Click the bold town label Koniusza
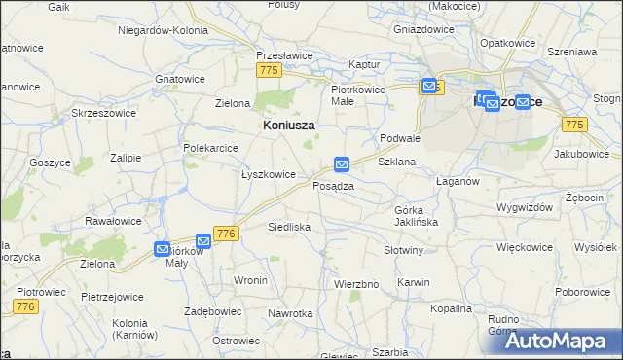tap(289, 126)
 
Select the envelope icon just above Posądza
tap(342, 164)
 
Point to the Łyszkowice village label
tap(268, 174)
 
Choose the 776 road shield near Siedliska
tap(227, 234)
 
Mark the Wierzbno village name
tap(355, 284)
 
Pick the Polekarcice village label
tap(211, 147)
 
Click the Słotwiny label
tap(403, 250)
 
